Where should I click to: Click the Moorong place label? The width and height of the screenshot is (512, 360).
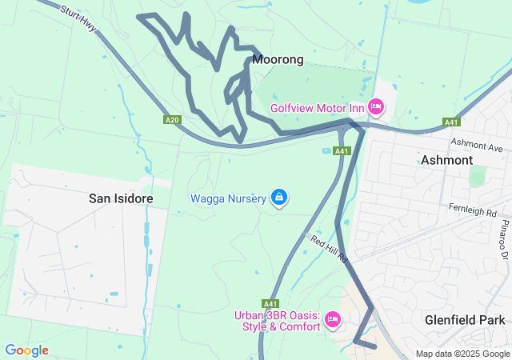pos(278,60)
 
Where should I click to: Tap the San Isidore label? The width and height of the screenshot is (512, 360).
pos(121,198)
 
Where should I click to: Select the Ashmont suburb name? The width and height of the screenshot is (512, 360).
pos(446,160)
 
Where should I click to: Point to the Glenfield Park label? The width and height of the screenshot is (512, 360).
pos(465,320)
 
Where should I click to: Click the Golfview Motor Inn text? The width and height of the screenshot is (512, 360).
pos(318,108)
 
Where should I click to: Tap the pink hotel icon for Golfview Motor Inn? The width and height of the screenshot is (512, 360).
pos(376,107)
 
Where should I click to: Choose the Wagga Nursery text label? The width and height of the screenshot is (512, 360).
pos(228,198)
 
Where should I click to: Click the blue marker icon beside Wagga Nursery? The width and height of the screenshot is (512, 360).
pos(278,197)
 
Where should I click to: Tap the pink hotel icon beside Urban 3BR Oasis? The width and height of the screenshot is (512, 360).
pos(334,320)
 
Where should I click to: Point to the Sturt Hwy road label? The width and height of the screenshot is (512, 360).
pos(78,21)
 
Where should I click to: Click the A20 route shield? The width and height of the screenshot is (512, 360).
pos(171,120)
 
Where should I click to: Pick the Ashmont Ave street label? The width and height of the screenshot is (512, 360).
pos(477,146)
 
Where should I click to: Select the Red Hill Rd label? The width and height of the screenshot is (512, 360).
pos(330,249)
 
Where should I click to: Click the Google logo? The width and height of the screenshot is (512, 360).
pos(26,350)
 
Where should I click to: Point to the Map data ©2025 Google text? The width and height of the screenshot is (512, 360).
pos(462,354)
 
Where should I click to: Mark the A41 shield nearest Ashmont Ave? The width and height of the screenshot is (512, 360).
pos(450,122)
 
